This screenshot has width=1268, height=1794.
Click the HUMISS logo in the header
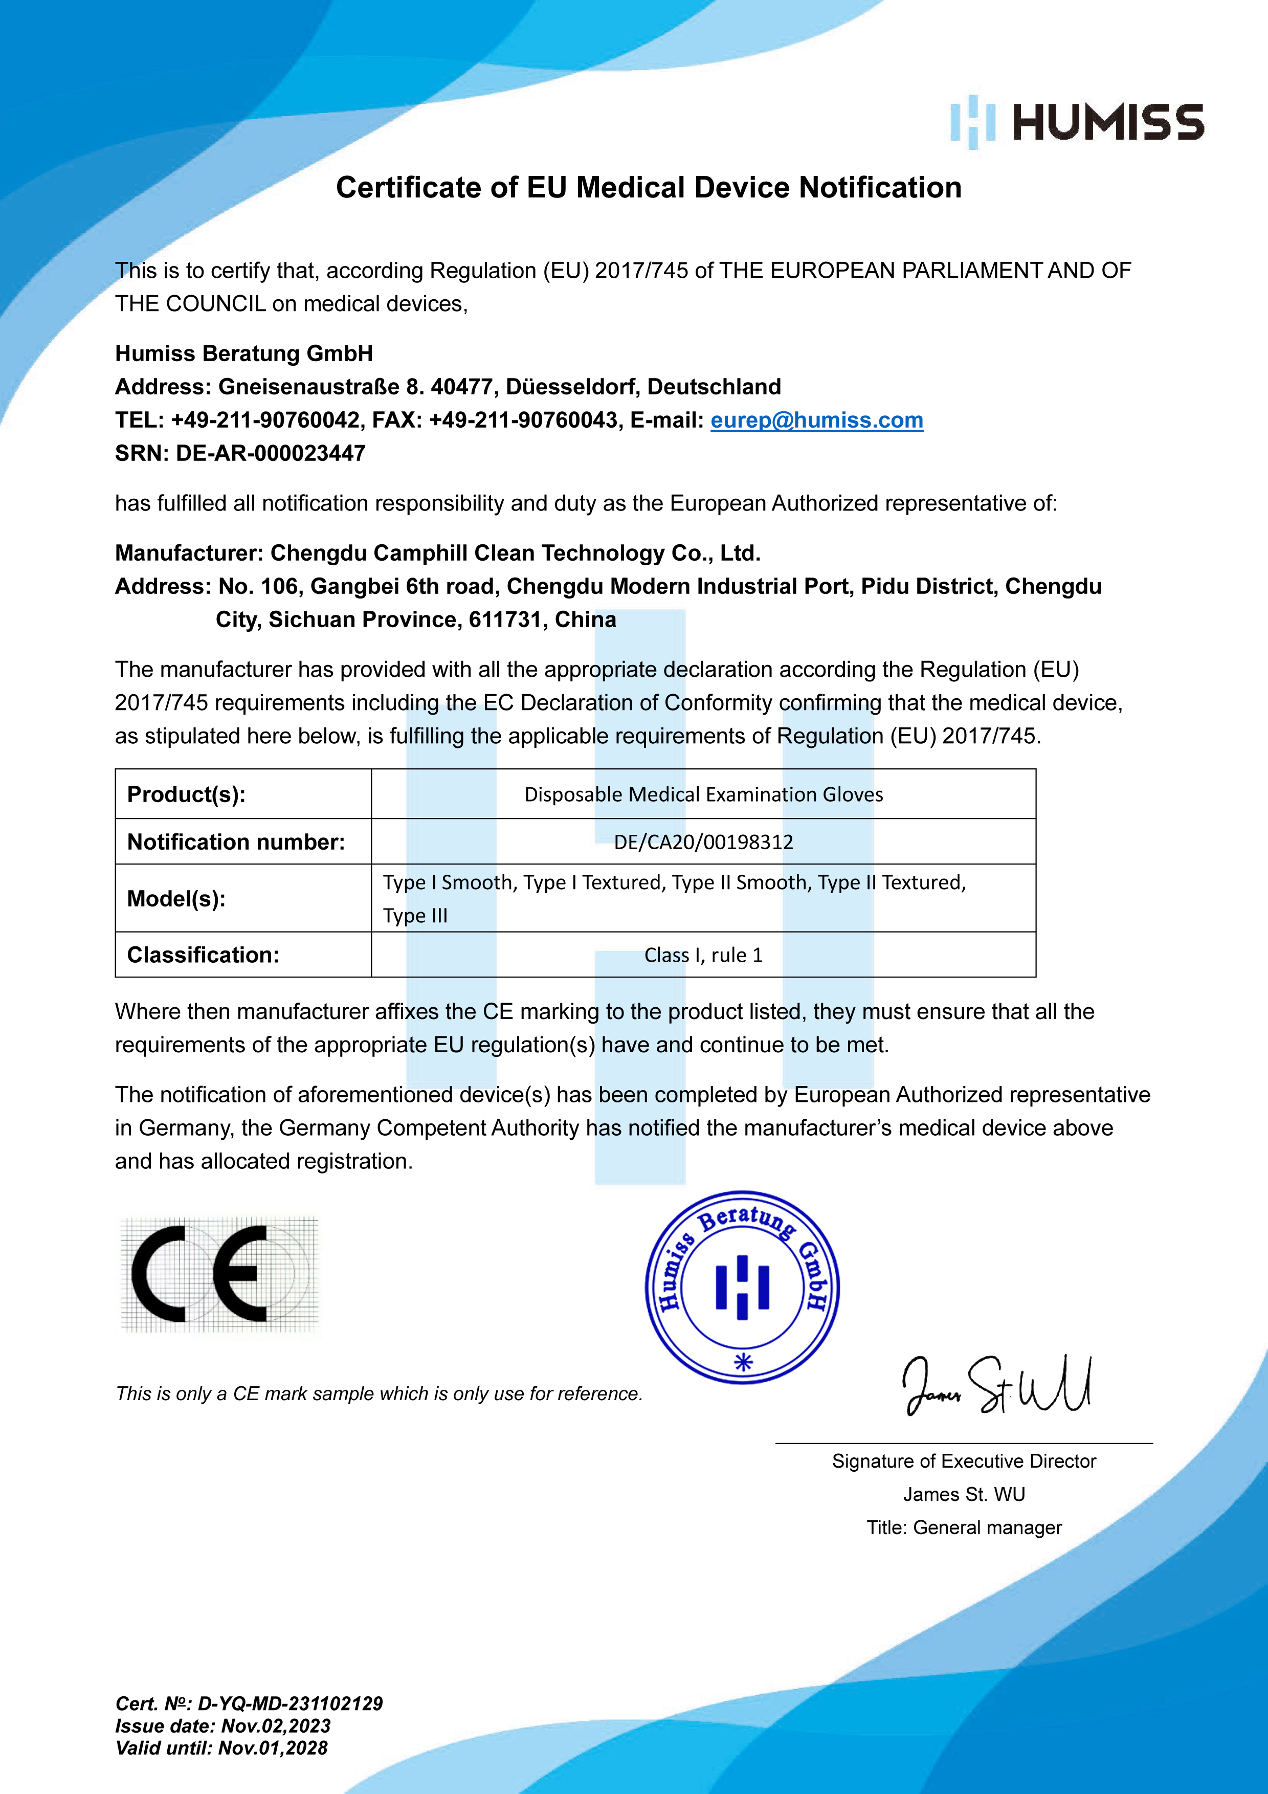tap(1077, 123)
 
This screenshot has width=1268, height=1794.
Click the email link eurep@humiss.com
tap(816, 420)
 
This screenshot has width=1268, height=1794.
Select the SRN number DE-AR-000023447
tap(270, 453)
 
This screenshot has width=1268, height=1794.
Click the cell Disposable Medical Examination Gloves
tap(703, 794)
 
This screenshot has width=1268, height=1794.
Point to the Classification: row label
tap(203, 955)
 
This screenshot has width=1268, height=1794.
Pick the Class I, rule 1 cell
tap(703, 955)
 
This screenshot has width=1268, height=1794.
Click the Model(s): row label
tap(176, 899)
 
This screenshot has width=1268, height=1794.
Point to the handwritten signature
tap(996, 1387)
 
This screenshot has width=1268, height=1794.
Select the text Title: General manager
tap(964, 1527)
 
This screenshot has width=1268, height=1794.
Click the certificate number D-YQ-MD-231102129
tap(290, 1704)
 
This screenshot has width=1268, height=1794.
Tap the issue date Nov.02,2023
tap(276, 1726)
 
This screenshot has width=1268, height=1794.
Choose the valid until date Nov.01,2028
tap(273, 1748)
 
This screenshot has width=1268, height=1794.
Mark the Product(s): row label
tap(187, 794)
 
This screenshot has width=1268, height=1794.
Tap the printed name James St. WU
tap(964, 1494)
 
